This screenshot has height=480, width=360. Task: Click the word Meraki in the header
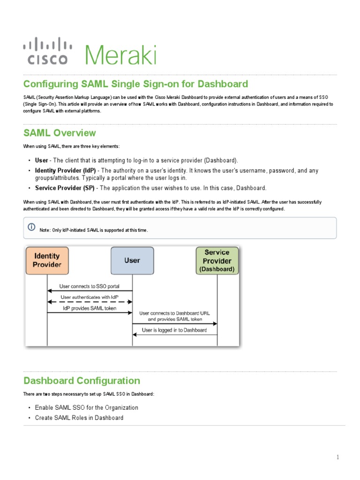point(120,54)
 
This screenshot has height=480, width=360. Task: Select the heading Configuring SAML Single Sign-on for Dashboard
point(135,84)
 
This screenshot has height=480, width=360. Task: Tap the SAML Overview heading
point(60,133)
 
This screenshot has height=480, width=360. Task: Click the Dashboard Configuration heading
point(82,380)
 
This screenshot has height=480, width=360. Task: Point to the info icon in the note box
point(31,227)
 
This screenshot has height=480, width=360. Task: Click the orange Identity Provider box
point(47,261)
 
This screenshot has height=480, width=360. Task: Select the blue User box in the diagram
point(132,261)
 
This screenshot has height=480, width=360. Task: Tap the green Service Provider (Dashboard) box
point(217,261)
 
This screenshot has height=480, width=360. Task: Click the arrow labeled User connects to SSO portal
point(90,291)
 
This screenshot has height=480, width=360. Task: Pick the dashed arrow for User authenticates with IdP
point(90,301)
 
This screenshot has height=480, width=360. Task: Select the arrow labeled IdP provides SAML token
point(90,313)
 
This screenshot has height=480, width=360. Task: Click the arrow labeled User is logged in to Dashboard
point(174,334)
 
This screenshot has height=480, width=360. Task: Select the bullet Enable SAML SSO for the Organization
point(86,407)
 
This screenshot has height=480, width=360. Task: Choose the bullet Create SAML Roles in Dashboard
point(79,418)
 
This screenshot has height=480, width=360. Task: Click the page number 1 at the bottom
point(337,457)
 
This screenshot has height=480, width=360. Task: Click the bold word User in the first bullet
point(42,160)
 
